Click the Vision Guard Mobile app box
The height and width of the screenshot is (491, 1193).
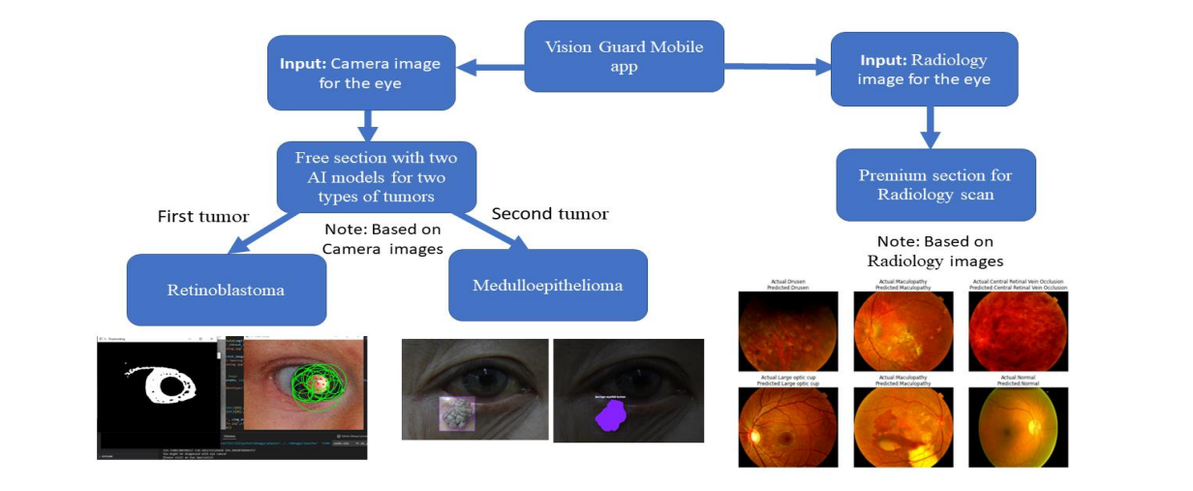coord(624,56)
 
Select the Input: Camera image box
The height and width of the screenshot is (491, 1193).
coord(360,73)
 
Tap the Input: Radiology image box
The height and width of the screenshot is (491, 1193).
coord(924,69)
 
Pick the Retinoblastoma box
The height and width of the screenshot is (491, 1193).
coord(226,290)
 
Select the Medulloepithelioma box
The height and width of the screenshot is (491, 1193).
coord(547,286)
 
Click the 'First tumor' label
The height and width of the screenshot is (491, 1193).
coord(203,217)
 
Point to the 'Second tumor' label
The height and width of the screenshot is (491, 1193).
coord(550,213)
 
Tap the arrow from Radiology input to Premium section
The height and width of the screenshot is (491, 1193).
coord(931,127)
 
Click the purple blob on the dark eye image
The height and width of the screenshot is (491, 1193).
coord(610,416)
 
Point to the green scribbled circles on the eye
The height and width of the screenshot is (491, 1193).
coord(313,384)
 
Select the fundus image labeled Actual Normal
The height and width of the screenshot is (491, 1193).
coord(1018,427)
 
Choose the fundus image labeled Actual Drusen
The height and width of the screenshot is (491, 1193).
coord(787,330)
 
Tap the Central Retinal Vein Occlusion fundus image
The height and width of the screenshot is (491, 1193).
coord(1018,330)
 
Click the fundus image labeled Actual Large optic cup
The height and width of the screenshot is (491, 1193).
coord(787,427)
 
